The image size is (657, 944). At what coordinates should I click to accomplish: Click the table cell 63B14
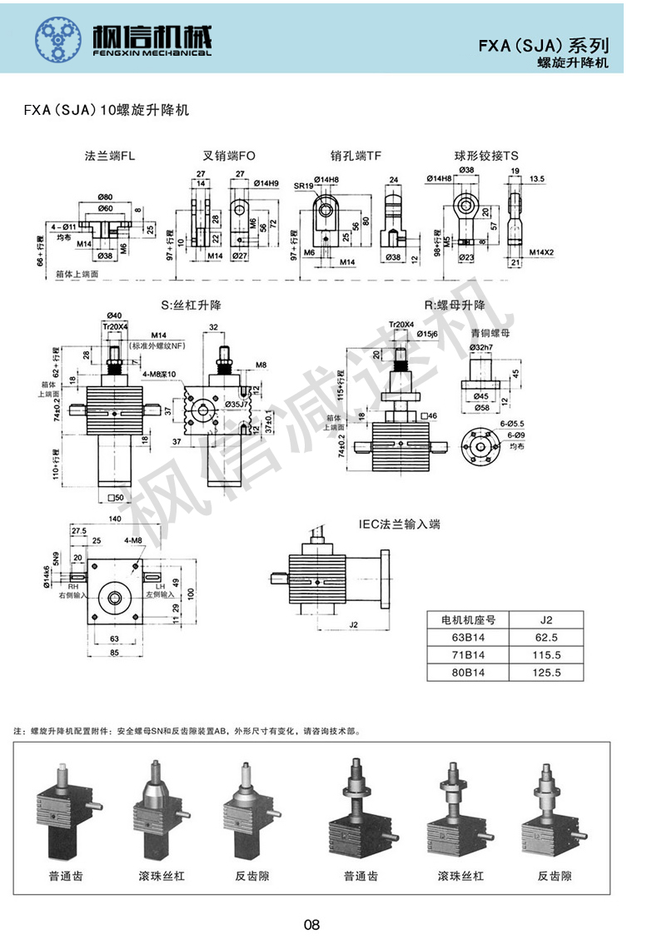coord(467,637)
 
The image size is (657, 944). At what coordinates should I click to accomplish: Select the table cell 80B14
coord(467,673)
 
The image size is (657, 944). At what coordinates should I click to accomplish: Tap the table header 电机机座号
coord(467,619)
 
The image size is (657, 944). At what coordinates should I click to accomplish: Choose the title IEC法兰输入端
coord(399,524)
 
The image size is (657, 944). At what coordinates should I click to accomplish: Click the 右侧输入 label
coord(72,595)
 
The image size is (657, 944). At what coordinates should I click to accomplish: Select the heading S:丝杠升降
coord(191,306)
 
